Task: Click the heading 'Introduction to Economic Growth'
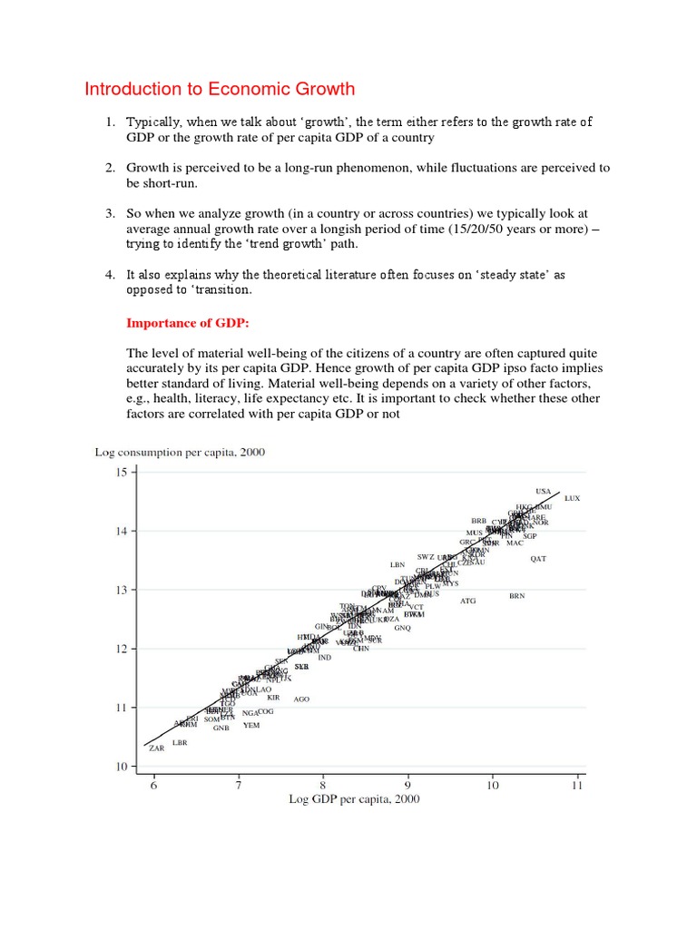tap(220, 89)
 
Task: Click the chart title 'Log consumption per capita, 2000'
tap(180, 452)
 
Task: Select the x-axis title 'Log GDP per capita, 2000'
tap(355, 799)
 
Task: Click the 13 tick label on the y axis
tap(122, 590)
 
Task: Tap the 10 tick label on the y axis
tap(122, 768)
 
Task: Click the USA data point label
tap(543, 491)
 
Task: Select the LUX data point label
tap(572, 499)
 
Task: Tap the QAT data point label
tap(538, 559)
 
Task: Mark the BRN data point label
tap(516, 596)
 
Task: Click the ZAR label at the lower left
tap(157, 748)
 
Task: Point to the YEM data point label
tap(251, 725)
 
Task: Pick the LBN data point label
tap(398, 564)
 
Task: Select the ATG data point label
tap(467, 601)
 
